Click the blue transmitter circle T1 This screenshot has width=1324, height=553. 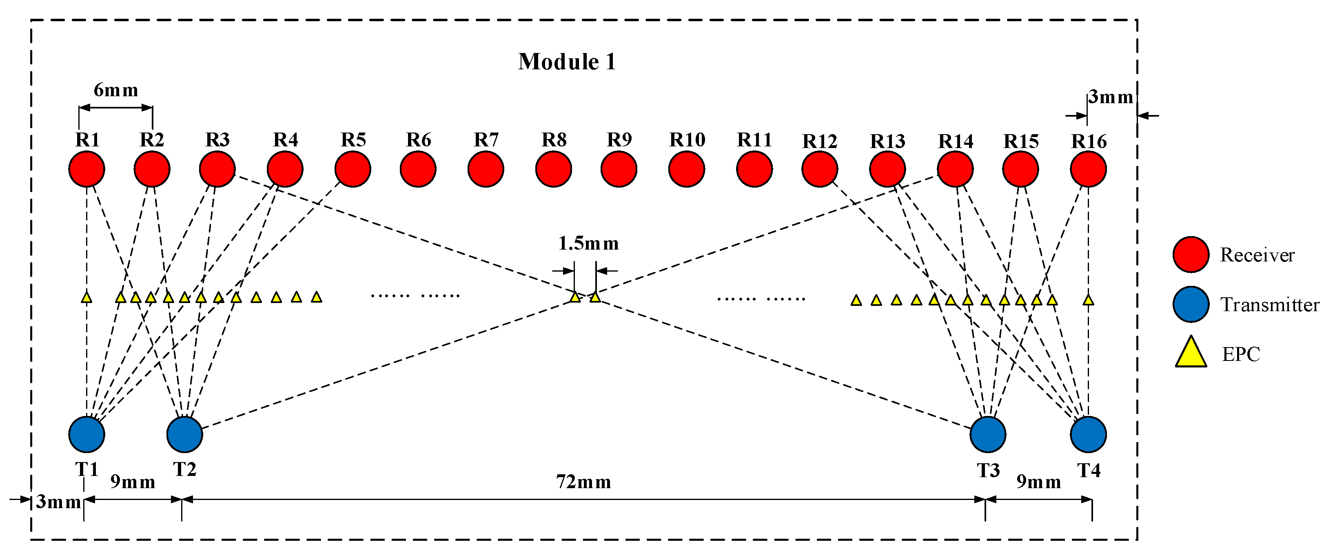tap(87, 434)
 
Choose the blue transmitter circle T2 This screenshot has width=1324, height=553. tap(184, 434)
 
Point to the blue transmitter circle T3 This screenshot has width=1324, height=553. tap(987, 434)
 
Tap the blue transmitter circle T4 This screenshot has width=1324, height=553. tap(1088, 434)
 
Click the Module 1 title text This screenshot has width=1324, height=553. tap(566, 62)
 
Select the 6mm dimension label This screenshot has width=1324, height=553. tap(115, 91)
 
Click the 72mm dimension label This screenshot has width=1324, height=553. tap(583, 482)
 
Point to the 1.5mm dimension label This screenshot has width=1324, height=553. tap(588, 243)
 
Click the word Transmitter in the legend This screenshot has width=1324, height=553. tap(1269, 305)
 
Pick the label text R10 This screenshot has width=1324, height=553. tap(687, 140)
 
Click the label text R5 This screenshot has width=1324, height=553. tap(353, 140)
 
